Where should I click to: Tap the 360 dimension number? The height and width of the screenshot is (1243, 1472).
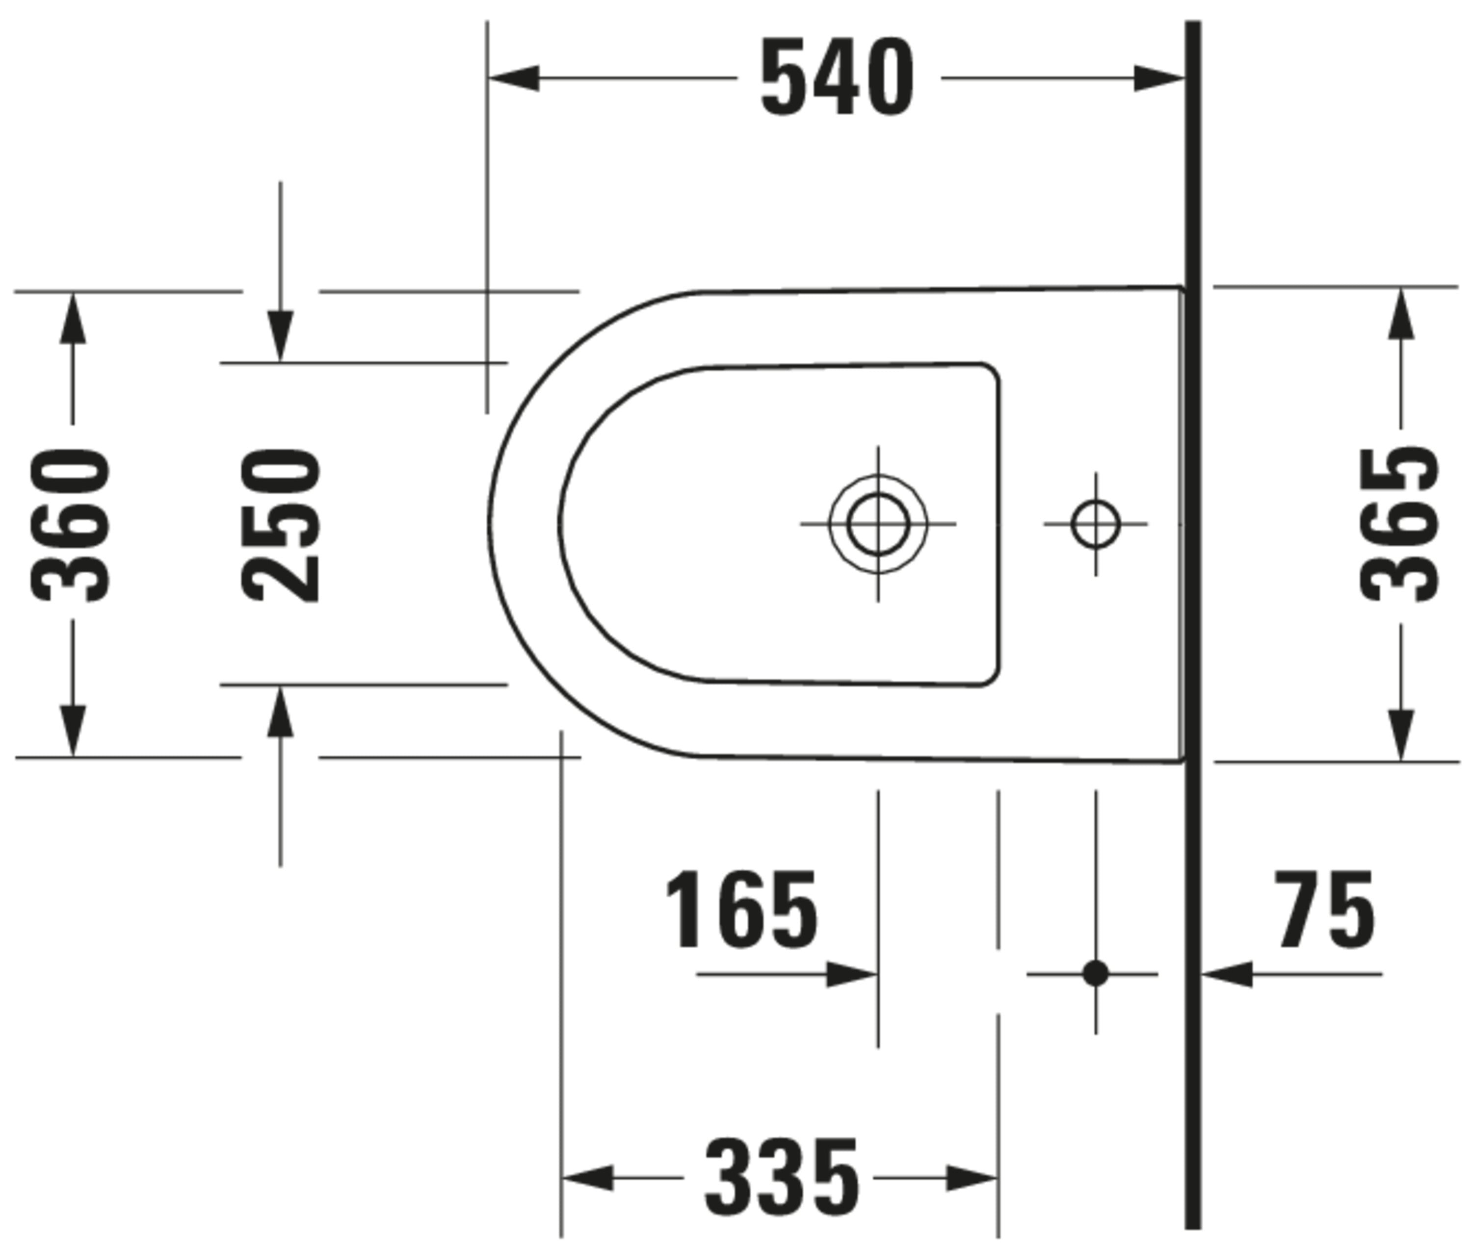(71, 525)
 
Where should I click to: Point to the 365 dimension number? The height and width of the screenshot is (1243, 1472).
(1399, 525)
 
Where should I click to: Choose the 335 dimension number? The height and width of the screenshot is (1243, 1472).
(782, 1177)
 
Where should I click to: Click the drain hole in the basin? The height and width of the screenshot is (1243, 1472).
(878, 524)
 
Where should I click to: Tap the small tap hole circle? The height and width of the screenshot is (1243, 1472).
(1095, 524)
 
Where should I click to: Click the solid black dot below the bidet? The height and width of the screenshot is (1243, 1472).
(1095, 974)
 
